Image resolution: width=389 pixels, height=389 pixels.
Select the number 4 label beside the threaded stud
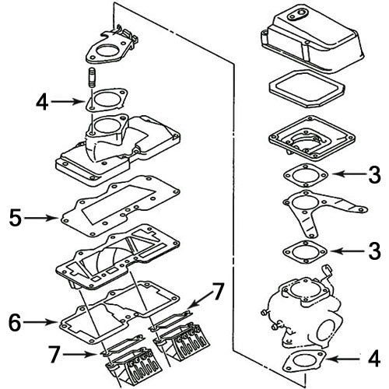click(42, 100)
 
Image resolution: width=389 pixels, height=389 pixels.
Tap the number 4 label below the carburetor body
click(374, 359)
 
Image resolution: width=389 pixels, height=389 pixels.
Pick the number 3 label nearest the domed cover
click(374, 175)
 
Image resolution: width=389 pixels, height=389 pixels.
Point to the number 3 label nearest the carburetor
click(374, 251)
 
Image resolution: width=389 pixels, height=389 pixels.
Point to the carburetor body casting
click(300, 311)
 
